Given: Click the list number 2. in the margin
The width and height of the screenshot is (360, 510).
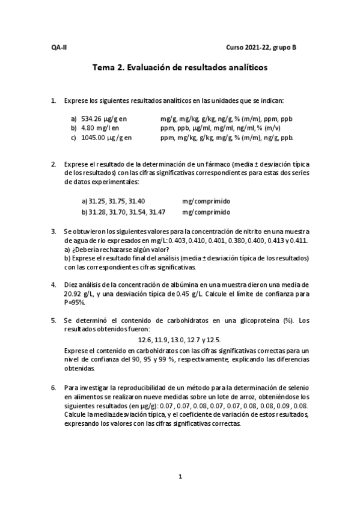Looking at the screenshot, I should tap(53, 164).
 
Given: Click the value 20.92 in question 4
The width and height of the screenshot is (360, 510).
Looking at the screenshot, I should tap(73, 293).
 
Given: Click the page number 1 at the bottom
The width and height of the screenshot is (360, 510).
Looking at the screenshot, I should tap(180, 477).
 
